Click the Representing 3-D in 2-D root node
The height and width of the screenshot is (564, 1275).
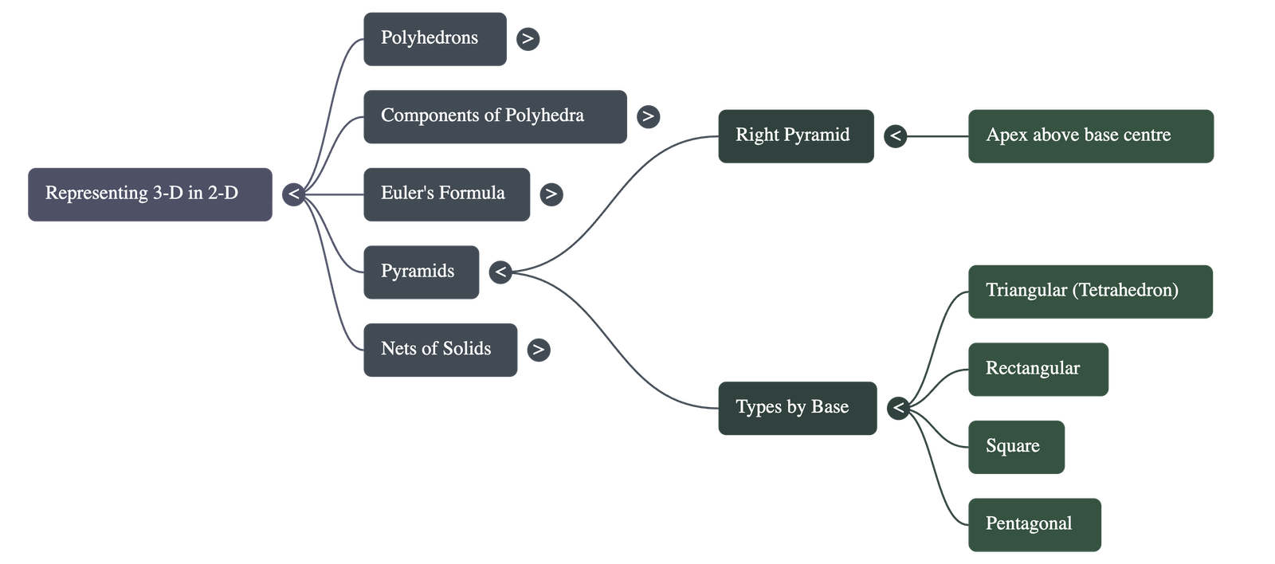click(x=150, y=194)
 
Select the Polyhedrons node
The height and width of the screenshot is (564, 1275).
click(x=434, y=39)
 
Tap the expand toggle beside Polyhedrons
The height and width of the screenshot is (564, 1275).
click(x=528, y=38)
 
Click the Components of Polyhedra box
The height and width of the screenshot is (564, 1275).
click(x=494, y=117)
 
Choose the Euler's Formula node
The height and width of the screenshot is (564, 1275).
click(x=446, y=194)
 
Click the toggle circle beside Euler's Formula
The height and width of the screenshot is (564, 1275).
click(x=551, y=194)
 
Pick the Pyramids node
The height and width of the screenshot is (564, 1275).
click(x=421, y=272)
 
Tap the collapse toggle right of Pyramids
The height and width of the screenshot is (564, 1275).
click(x=500, y=272)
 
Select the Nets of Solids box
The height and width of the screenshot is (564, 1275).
click(x=440, y=350)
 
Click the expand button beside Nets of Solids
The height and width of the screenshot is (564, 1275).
click(x=539, y=350)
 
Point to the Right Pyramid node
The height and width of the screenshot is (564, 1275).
click(x=795, y=136)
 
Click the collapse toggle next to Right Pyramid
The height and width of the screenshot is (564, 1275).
click(x=896, y=136)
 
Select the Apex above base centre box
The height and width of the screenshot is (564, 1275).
click(x=1090, y=136)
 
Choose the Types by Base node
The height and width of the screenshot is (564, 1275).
click(x=797, y=409)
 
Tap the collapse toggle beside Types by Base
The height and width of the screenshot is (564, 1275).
click(x=899, y=409)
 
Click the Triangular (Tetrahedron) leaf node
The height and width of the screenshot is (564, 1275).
click(x=1090, y=292)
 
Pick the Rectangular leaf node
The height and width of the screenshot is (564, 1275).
click(x=1038, y=370)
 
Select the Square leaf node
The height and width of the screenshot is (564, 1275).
click(x=1016, y=447)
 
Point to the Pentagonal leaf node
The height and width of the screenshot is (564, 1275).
click(x=1034, y=525)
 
